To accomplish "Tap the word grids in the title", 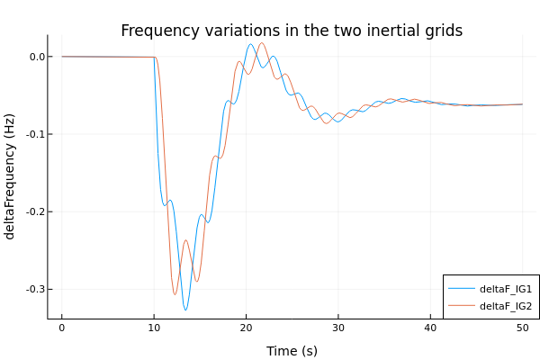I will pyautogui.click(x=441, y=31).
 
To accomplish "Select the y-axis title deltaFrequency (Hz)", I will pyautogui.click(x=10, y=176).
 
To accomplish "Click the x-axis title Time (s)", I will pyautogui.click(x=292, y=350).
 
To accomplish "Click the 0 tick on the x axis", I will pyautogui.click(x=61, y=329).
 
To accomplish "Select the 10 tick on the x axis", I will pyautogui.click(x=154, y=329).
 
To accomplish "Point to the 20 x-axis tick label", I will pyautogui.click(x=246, y=329).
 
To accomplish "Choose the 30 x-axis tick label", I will pyautogui.click(x=337, y=329).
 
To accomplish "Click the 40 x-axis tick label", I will pyautogui.click(x=430, y=329).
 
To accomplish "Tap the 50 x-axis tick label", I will pyautogui.click(x=522, y=329).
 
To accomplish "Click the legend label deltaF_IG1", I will pyautogui.click(x=506, y=289).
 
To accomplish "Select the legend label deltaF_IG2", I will pyautogui.click(x=506, y=306).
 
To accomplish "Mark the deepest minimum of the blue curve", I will pyautogui.click(x=185, y=310).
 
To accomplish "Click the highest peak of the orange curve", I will pyautogui.click(x=262, y=43).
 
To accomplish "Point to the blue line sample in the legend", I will pyautogui.click(x=462, y=289).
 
